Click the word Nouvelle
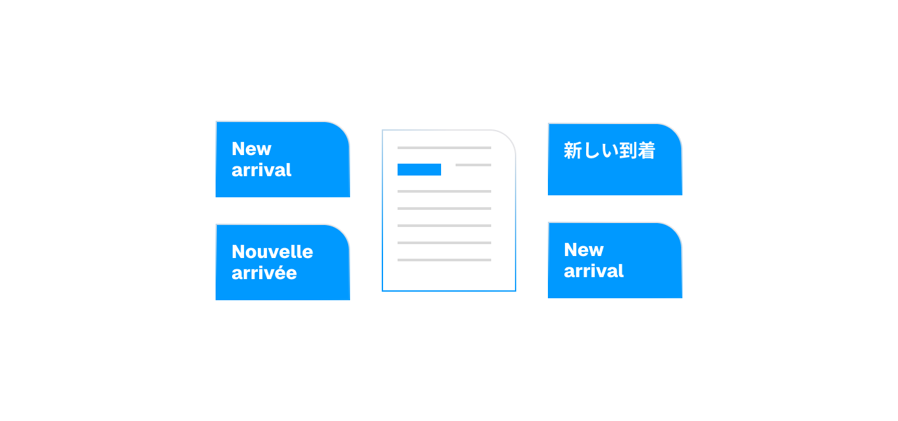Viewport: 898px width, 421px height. click(272, 251)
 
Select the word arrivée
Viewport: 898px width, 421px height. click(264, 273)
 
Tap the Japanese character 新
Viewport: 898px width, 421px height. click(572, 151)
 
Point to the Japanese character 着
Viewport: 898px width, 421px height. click(647, 151)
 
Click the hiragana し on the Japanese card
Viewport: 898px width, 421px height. click(591, 151)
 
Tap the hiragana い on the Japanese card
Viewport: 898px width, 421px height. click(609, 151)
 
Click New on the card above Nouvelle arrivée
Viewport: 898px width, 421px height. click(251, 148)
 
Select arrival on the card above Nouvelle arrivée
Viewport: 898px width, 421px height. click(261, 170)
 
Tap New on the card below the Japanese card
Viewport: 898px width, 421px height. click(584, 249)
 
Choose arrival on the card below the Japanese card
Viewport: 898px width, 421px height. click(593, 271)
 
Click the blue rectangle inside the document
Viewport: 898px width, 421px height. click(419, 170)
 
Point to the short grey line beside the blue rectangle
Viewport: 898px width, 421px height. click(473, 165)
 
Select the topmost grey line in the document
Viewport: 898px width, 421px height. click(444, 148)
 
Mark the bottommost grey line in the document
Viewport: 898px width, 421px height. click(444, 260)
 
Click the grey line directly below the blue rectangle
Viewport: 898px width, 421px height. click(444, 191)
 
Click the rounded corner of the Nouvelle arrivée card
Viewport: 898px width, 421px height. click(341, 233)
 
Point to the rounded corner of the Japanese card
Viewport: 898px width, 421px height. click(673, 132)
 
